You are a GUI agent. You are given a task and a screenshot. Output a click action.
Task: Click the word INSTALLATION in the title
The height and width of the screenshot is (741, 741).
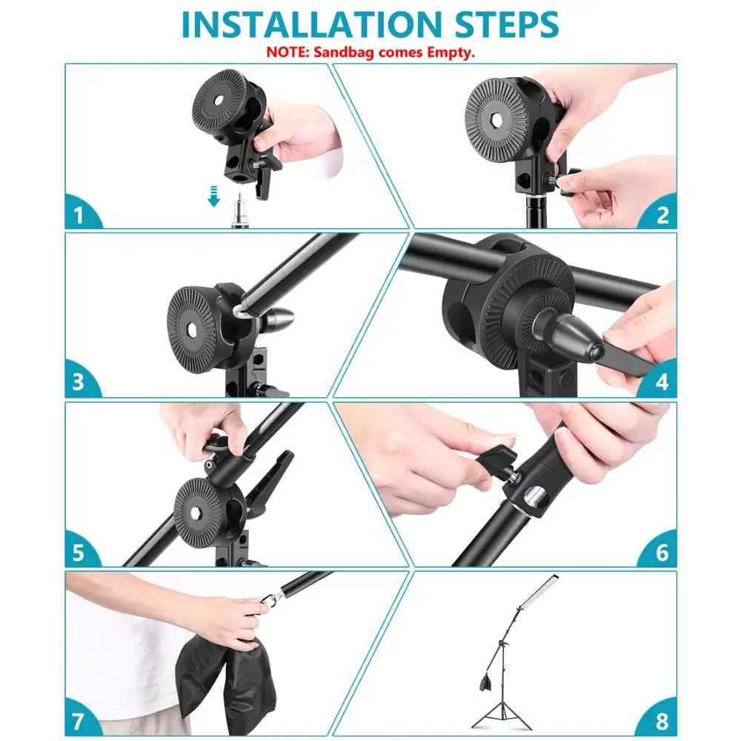(311, 24)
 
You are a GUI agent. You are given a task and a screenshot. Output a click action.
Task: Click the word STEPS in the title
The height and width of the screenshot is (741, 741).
(507, 24)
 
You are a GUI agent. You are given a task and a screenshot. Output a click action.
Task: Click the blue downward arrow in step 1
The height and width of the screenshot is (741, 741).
(214, 196)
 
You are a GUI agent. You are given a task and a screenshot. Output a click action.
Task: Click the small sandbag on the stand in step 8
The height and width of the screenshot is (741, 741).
(486, 682)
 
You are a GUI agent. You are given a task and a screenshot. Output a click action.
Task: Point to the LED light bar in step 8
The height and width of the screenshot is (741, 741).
(538, 591)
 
